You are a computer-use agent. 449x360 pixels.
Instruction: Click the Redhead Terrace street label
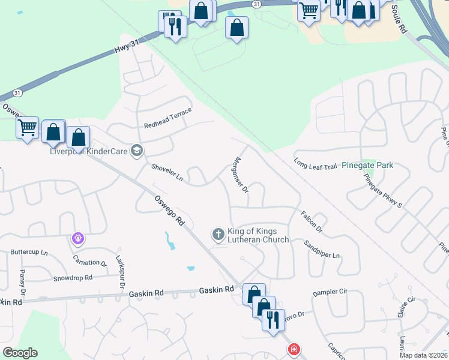coord(167,118)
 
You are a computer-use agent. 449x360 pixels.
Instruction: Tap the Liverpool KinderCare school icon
coord(137,151)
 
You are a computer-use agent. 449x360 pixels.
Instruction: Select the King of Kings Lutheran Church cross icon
coord(218,233)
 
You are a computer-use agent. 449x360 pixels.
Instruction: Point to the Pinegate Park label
coord(367,164)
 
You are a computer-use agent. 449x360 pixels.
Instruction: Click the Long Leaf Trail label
coord(316,164)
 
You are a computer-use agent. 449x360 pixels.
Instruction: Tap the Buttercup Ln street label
coord(29,253)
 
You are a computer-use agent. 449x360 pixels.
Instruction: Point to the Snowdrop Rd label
coord(73,278)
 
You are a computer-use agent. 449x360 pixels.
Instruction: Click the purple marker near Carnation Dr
coord(77,238)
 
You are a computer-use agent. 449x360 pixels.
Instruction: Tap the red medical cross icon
coord(294,349)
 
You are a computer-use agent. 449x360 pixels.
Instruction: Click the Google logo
coord(20,353)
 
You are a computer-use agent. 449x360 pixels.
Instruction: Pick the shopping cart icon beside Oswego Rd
coord(27,127)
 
